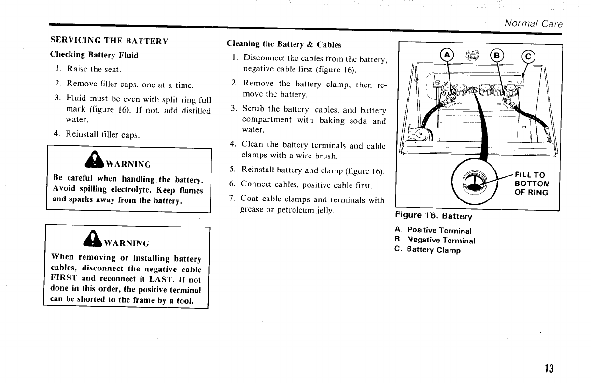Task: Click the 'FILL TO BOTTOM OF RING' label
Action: click(x=532, y=184)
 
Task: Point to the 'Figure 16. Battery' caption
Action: click(x=433, y=216)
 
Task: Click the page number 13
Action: click(x=548, y=369)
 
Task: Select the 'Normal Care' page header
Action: click(x=533, y=23)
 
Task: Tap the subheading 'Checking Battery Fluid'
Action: click(x=95, y=55)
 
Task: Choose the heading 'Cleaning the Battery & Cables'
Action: click(x=284, y=44)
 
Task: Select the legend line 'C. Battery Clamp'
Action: click(x=427, y=250)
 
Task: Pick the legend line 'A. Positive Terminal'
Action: click(x=433, y=230)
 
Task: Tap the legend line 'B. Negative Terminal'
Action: click(x=435, y=240)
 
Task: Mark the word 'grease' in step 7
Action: click(x=253, y=210)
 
